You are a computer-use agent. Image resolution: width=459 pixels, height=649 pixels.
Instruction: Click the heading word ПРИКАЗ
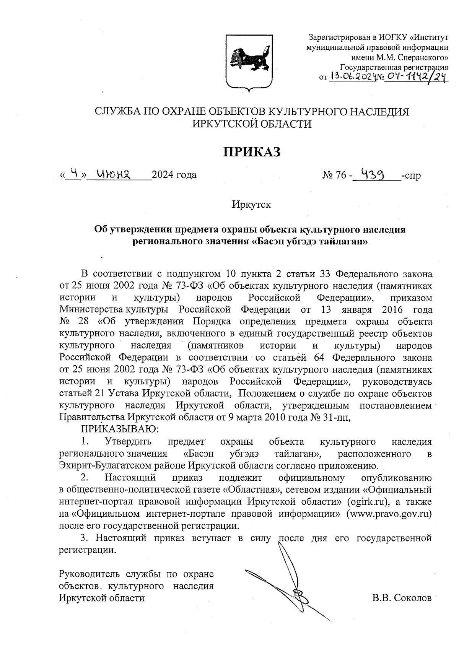point(252,152)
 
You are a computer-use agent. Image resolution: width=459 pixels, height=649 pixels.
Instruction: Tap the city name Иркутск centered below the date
point(251,205)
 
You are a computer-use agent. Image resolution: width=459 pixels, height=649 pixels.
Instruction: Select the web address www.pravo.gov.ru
point(389,513)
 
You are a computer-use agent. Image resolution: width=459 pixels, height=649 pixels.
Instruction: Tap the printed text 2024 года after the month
point(174,175)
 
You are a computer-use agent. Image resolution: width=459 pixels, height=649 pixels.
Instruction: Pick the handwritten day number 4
point(75,174)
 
